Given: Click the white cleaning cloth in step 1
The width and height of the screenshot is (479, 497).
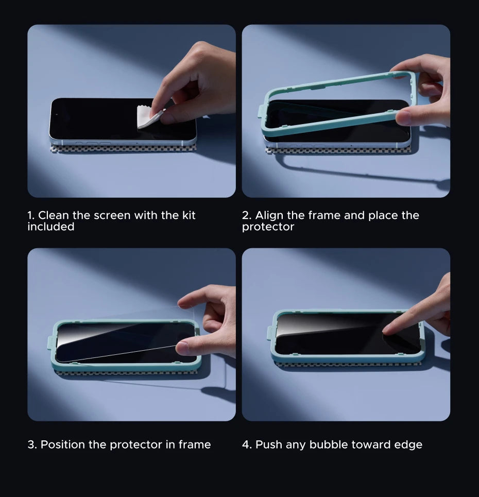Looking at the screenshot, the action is tap(148, 117).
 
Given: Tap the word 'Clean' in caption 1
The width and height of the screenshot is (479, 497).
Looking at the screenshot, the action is tap(53, 215).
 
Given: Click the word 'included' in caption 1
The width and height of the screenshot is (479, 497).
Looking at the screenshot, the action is tap(50, 227).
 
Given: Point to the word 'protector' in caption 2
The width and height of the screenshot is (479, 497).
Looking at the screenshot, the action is tap(268, 227).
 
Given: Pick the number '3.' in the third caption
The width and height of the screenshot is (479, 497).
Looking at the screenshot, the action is tap(32, 444).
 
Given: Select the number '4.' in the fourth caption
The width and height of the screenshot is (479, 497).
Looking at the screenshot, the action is tap(247, 444).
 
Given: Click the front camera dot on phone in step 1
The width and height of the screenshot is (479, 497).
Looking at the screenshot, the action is tap(57, 114).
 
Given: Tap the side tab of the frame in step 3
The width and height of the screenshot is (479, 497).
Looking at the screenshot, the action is tap(50, 344).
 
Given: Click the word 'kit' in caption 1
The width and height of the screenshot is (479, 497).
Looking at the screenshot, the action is tap(189, 215).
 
